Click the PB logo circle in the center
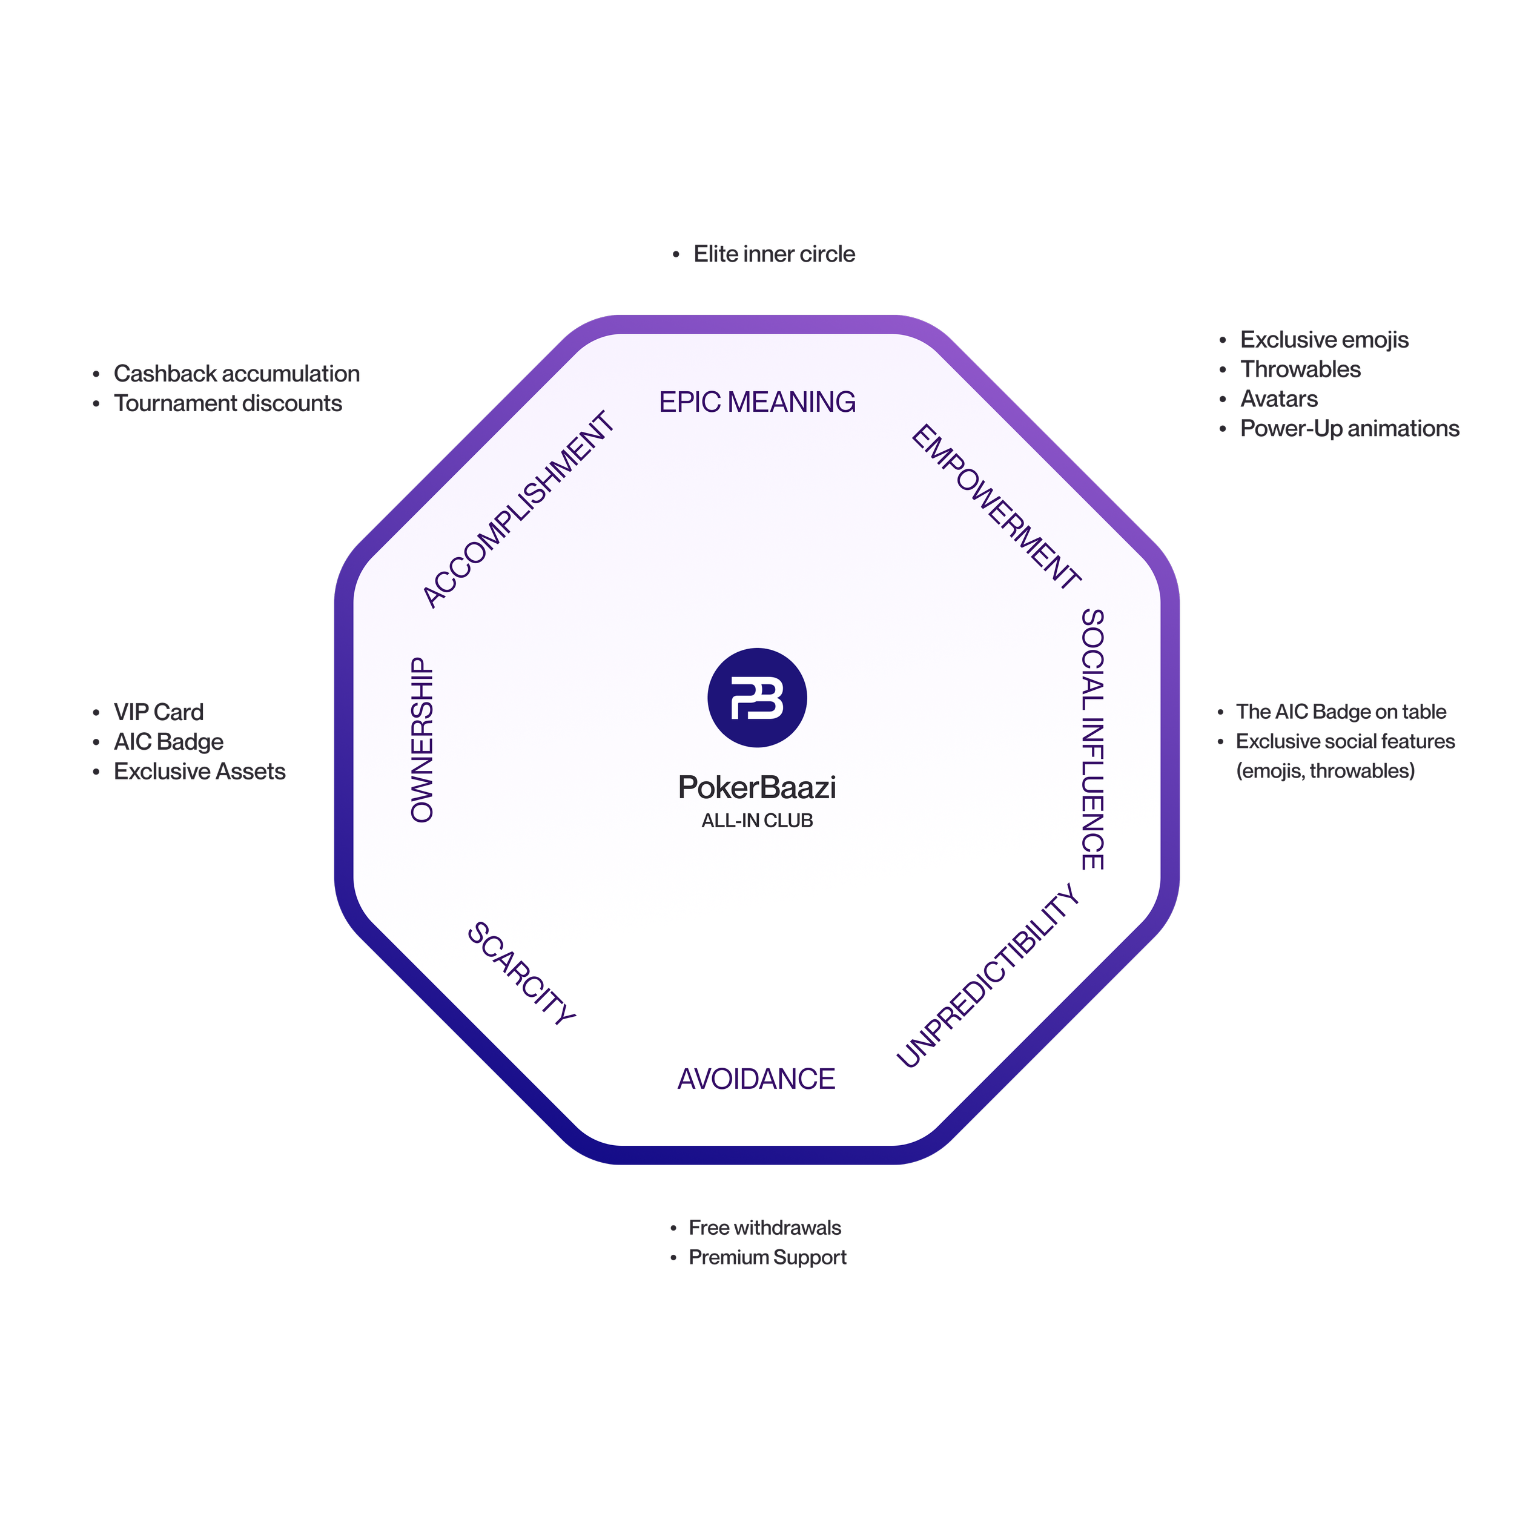[757, 698]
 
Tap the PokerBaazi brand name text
[757, 787]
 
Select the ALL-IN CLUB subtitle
[757, 821]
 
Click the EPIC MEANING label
[757, 402]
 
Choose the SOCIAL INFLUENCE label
[1093, 739]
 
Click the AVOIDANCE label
[756, 1079]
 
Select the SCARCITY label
[522, 973]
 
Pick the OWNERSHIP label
[421, 740]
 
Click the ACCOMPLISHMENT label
[518, 509]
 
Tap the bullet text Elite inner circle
[774, 254]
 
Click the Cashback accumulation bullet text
[237, 374]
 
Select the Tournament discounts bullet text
[228, 403]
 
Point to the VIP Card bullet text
[158, 712]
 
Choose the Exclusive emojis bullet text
[1324, 340]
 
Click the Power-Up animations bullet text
[1349, 429]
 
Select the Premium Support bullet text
[768, 1257]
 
